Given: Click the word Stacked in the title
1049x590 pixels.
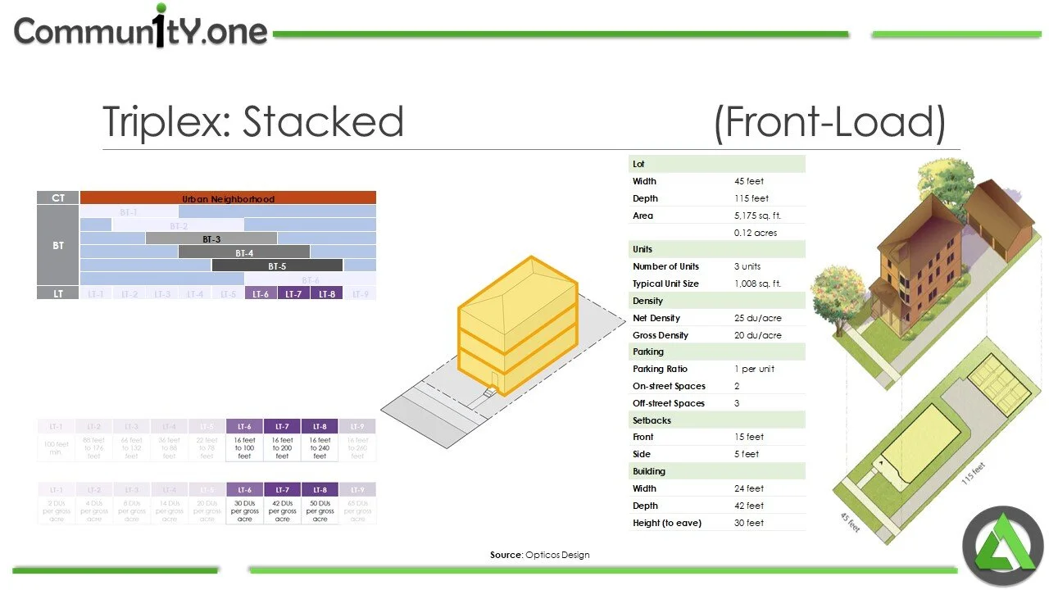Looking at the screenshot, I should [323, 121].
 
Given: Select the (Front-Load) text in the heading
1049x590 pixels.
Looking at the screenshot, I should [829, 122].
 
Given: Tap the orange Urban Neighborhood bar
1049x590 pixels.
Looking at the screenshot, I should [228, 198].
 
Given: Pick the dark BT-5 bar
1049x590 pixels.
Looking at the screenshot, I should [277, 265].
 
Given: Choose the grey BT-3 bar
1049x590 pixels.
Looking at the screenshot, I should [211, 238].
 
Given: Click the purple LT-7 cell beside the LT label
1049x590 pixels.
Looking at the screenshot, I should [293, 293].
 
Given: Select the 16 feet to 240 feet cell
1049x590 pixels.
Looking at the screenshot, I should [320, 447].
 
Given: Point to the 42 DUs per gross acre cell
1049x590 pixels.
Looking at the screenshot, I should [282, 511].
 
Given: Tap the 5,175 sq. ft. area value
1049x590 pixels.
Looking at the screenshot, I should [757, 216].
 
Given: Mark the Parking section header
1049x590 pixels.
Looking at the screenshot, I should [648, 352].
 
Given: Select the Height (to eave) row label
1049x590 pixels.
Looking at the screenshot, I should [666, 523].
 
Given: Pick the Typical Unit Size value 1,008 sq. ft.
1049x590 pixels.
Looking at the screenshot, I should [757, 284].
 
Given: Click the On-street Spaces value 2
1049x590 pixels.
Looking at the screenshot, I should [737, 386].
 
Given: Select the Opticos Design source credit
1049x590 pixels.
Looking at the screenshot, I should [539, 555].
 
